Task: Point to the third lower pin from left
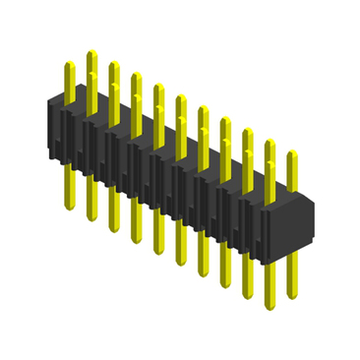113,211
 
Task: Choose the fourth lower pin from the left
136,221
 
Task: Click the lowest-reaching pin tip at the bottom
269,295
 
